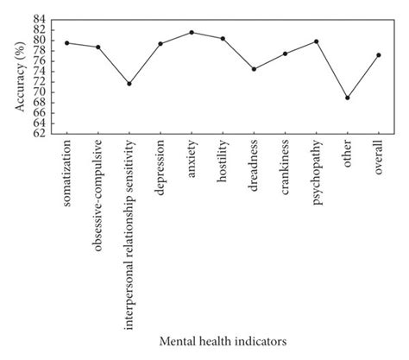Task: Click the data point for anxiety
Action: (x=192, y=33)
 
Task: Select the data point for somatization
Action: (x=67, y=42)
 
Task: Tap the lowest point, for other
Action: (x=347, y=98)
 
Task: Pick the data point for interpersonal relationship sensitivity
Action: (x=129, y=84)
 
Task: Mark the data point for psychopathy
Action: (x=316, y=41)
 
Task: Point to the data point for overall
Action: (x=378, y=55)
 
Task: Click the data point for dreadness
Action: (x=254, y=69)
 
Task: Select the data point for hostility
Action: (x=223, y=39)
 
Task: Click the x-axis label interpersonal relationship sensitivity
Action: (x=129, y=225)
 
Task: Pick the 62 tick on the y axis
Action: (x=40, y=133)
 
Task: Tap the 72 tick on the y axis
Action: (x=40, y=81)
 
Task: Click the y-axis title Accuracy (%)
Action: (x=19, y=76)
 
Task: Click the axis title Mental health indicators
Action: (x=223, y=341)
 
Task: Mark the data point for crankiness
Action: (x=285, y=54)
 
